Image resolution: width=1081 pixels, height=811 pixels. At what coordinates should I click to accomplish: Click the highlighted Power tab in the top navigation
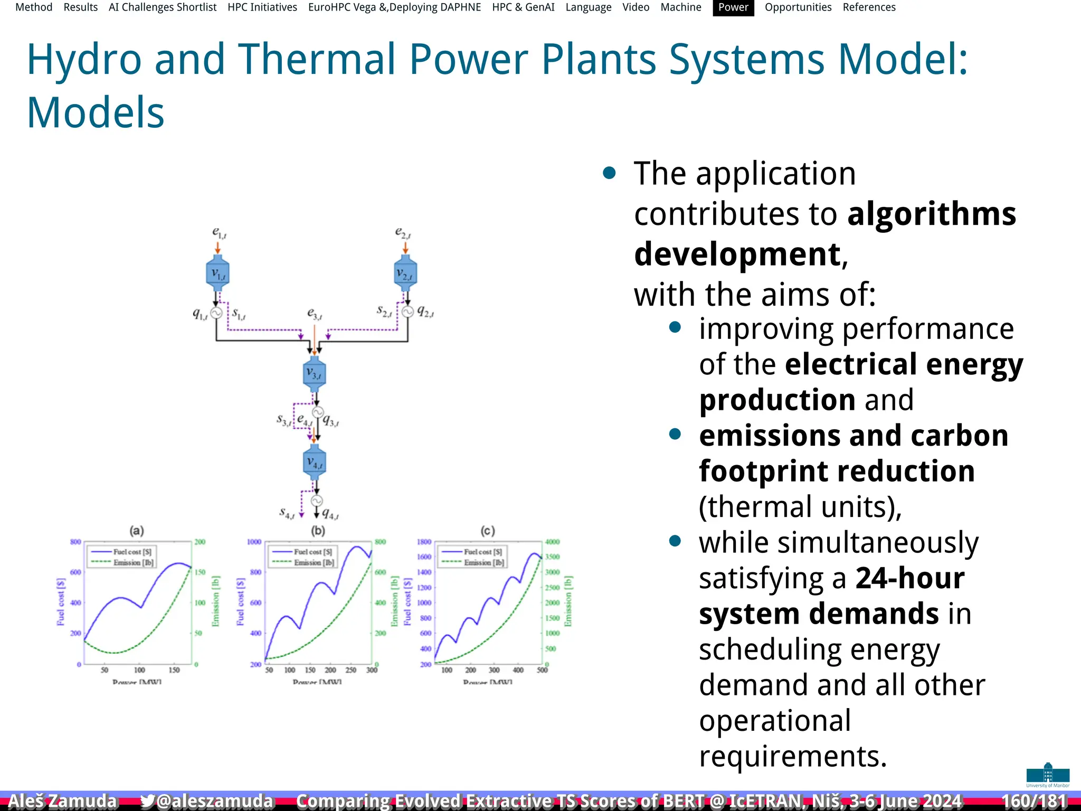click(x=733, y=7)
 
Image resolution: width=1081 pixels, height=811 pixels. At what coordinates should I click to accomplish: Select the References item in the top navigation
click(x=869, y=7)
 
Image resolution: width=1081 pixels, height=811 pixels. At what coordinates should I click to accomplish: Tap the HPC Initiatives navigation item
click(x=262, y=7)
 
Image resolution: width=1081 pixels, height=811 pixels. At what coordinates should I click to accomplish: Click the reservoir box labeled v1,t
click(x=217, y=273)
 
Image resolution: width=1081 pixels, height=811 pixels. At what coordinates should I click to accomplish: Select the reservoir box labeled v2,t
click(x=405, y=273)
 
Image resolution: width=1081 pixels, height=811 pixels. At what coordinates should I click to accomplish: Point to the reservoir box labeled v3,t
click(x=315, y=374)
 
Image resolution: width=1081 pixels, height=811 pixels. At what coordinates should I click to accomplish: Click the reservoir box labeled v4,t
click(x=315, y=463)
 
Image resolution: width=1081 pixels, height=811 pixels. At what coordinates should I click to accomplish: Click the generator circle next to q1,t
click(x=216, y=313)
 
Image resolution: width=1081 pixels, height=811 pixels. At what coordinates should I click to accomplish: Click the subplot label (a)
click(x=137, y=531)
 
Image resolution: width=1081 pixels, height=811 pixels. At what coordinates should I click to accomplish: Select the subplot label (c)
click(x=488, y=531)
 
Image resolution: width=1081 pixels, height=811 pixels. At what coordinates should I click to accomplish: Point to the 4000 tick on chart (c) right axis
click(x=552, y=542)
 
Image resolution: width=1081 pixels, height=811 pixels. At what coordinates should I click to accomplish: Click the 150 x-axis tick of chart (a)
click(x=174, y=670)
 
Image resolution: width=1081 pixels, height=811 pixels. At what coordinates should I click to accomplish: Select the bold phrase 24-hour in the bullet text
click(x=910, y=578)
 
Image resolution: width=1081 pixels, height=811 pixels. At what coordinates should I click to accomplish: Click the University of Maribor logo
click(x=1047, y=775)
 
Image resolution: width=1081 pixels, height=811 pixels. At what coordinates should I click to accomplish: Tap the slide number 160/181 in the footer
click(x=1033, y=801)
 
